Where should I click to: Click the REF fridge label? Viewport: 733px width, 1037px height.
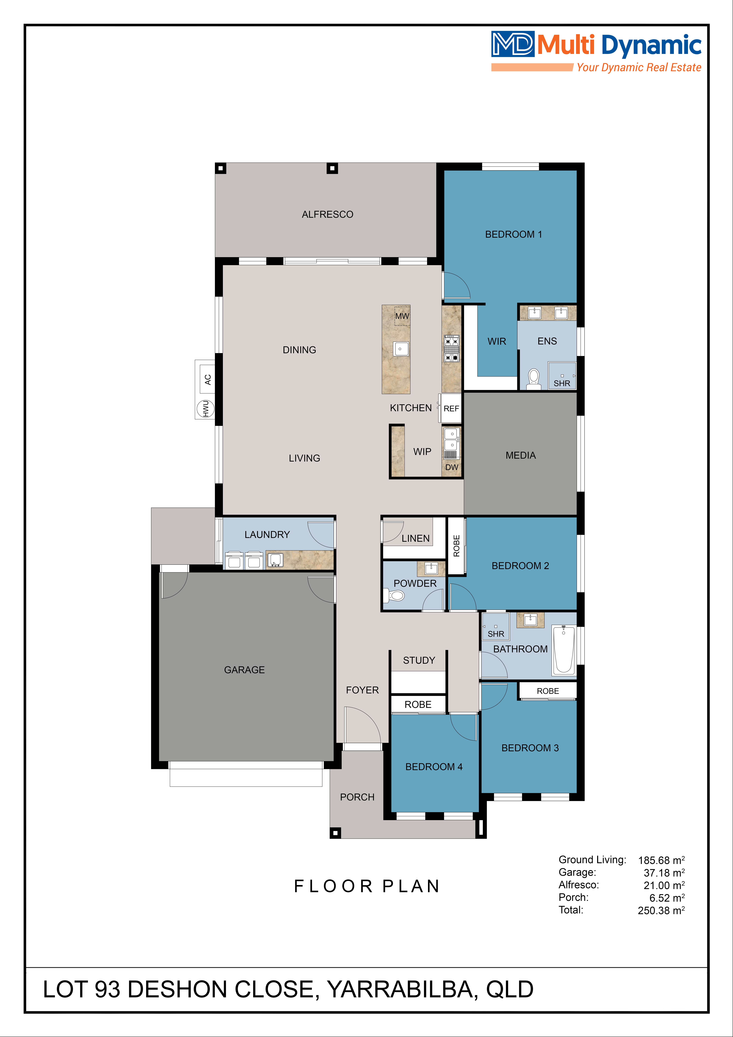(x=451, y=408)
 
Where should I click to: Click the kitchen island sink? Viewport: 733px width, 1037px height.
(x=401, y=349)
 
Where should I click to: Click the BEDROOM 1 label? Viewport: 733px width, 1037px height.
(x=513, y=234)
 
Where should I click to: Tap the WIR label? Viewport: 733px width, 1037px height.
(x=497, y=341)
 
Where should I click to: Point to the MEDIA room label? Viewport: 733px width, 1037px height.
(x=521, y=455)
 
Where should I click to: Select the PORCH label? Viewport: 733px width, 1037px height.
(x=357, y=797)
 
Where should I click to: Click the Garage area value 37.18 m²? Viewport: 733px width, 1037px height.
(x=664, y=873)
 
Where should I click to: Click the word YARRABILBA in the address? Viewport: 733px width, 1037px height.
(x=401, y=989)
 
